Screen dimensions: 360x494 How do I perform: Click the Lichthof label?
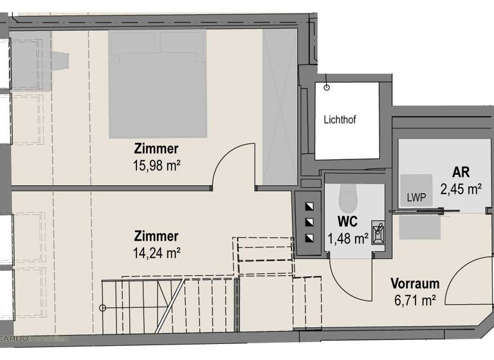click(x=340, y=120)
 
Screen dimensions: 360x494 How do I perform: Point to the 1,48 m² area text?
click(x=347, y=239)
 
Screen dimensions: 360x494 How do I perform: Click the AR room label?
click(x=461, y=172)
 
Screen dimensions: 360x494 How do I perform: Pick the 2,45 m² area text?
click(x=461, y=189)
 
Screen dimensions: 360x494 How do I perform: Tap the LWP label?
click(x=416, y=197)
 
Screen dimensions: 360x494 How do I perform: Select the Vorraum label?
click(x=415, y=283)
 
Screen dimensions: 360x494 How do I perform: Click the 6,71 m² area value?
click(x=415, y=299)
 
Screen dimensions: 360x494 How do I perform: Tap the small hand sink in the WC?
click(x=378, y=232)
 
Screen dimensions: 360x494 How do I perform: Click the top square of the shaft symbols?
click(x=310, y=207)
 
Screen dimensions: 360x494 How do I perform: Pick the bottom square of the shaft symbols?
click(x=310, y=239)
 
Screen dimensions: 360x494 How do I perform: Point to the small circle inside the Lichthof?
click(x=327, y=87)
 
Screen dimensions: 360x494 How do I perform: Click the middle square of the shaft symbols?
click(x=310, y=222)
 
